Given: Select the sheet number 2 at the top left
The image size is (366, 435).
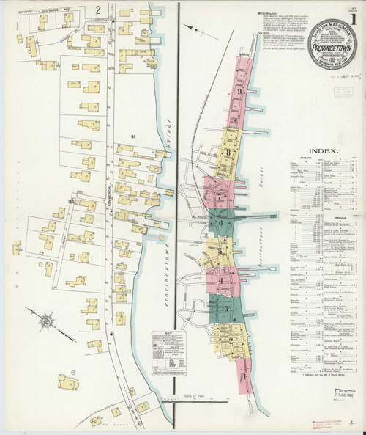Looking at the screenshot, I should click(97, 10).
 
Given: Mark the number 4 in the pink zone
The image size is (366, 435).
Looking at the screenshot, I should click(221, 281).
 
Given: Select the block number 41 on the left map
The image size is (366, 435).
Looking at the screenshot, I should click(132, 136).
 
